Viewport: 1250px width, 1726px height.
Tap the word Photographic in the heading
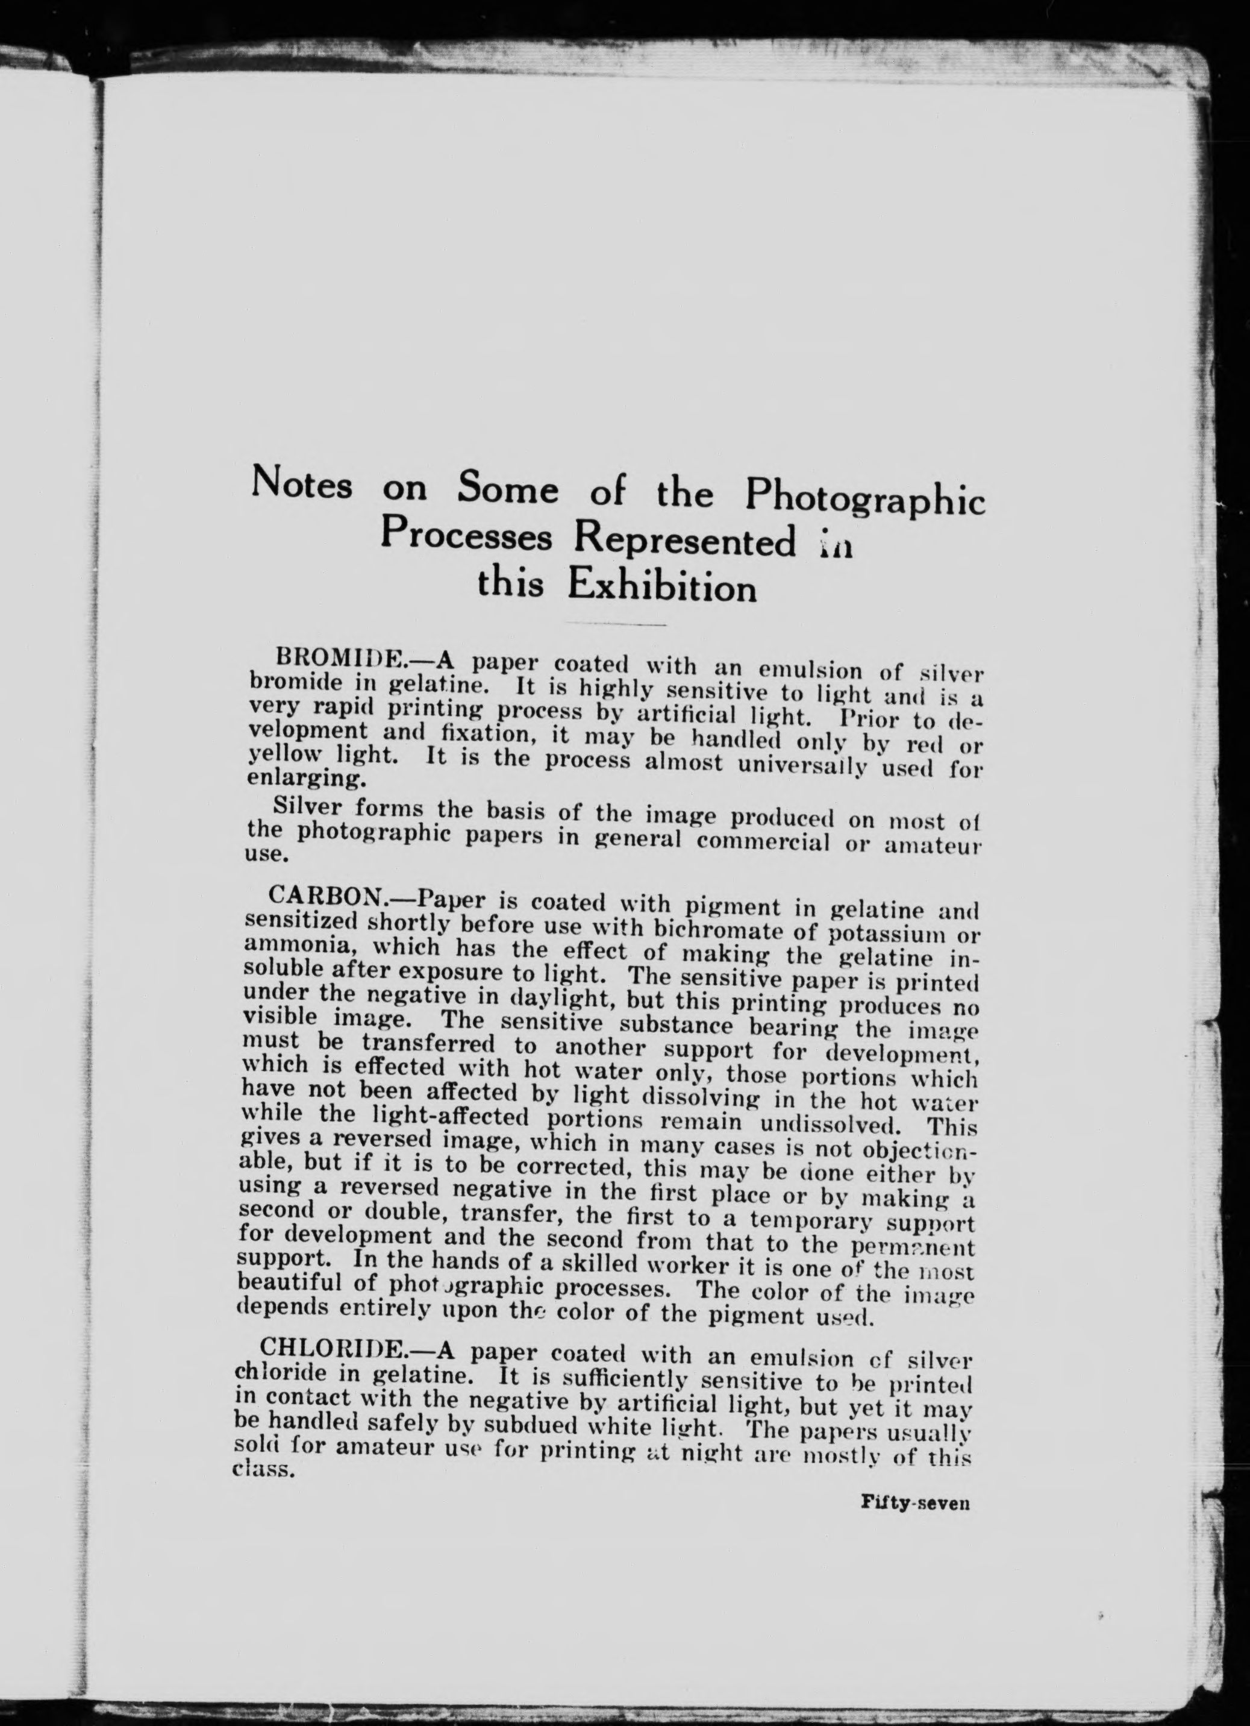point(865,499)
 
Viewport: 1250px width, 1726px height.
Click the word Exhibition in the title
point(662,587)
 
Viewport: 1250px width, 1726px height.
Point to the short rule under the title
point(614,625)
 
